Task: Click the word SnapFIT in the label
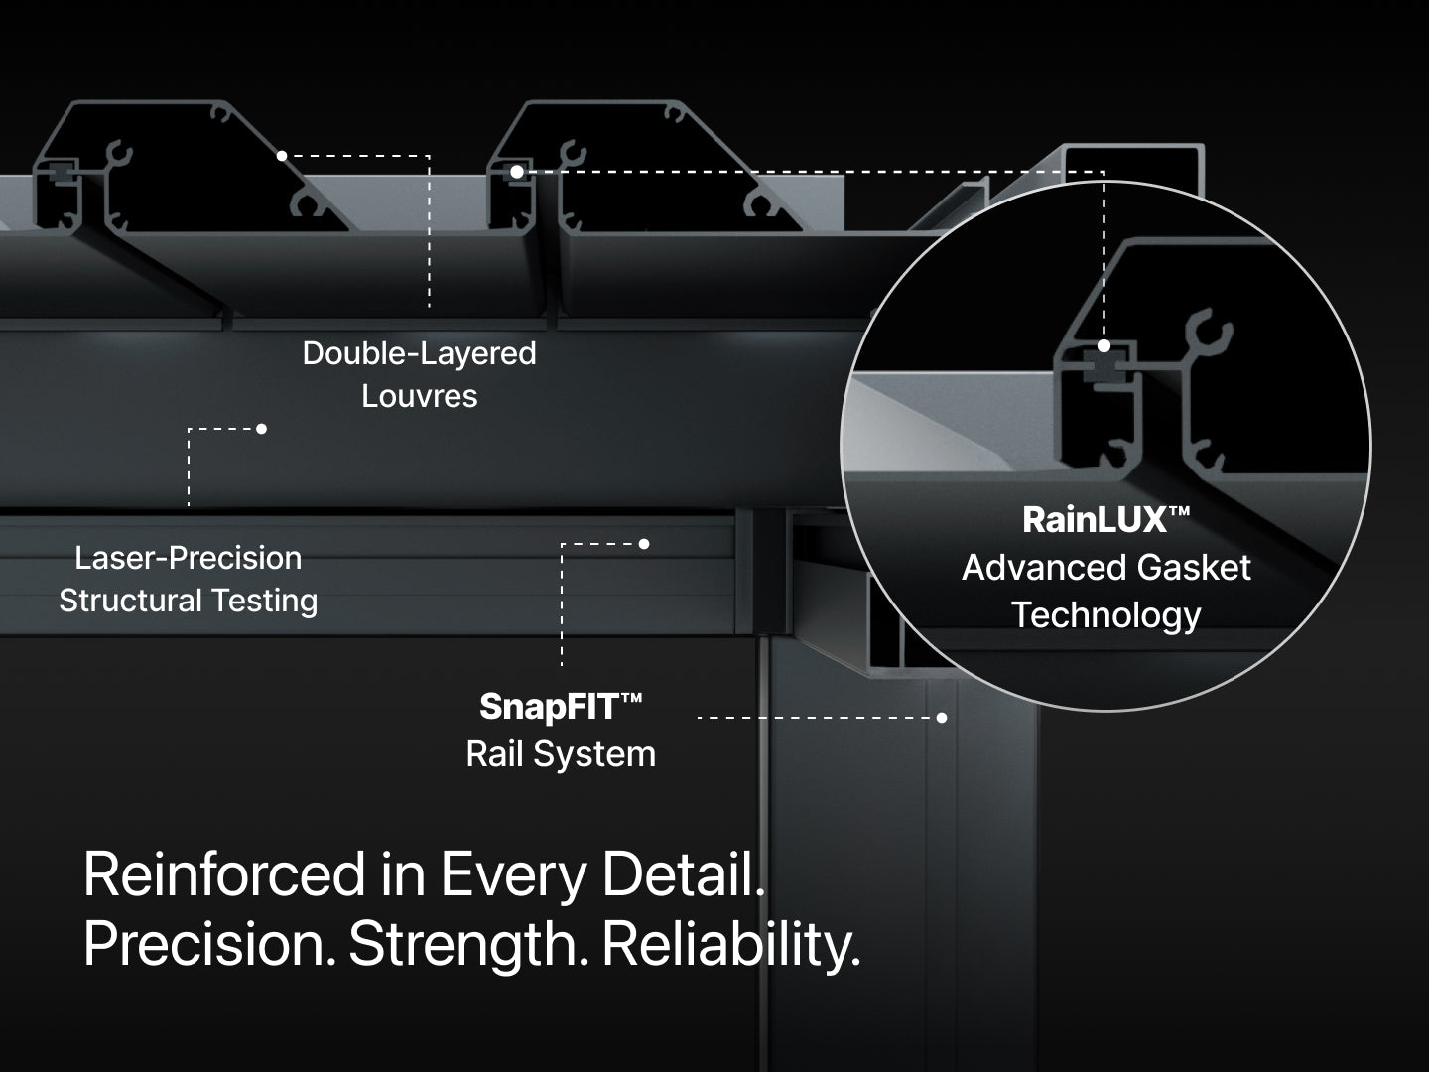(549, 707)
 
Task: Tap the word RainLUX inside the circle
(1095, 519)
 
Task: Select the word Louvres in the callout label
(419, 396)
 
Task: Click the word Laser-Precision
(188, 558)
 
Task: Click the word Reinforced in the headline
(224, 874)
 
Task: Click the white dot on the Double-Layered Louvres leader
(282, 156)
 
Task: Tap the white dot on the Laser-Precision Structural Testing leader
(261, 429)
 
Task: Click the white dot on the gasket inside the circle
(1104, 346)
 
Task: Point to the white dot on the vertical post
(942, 717)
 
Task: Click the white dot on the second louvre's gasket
(517, 172)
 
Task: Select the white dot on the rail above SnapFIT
(644, 544)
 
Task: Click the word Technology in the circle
(1105, 615)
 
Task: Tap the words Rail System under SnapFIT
(561, 754)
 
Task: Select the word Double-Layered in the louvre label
(419, 353)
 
